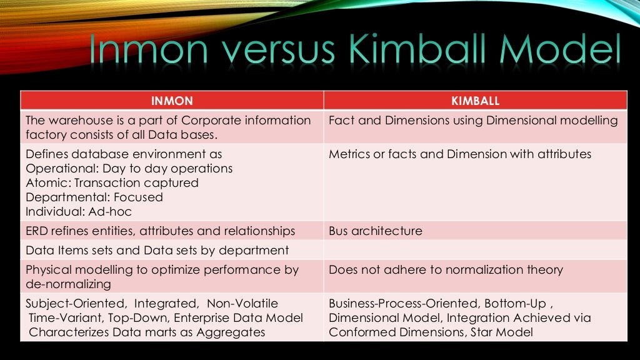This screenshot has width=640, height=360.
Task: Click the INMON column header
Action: [172, 101]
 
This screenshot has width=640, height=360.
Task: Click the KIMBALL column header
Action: [475, 101]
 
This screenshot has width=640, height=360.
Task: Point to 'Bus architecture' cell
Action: [375, 231]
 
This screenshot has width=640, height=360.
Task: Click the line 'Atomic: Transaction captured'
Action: [112, 183]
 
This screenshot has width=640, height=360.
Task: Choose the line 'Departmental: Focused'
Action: [94, 197]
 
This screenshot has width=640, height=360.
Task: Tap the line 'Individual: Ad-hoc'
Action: [79, 212]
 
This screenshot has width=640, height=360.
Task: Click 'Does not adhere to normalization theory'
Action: [446, 270]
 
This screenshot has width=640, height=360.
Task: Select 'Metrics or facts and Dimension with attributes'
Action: [459, 154]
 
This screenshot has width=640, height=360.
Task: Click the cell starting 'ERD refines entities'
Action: [160, 231]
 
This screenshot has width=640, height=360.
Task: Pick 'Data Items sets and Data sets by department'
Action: [157, 251]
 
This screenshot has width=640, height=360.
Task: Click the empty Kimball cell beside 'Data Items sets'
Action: [475, 251]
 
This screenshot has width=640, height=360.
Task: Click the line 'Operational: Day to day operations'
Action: [129, 169]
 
